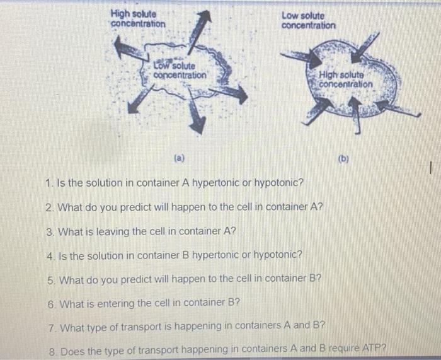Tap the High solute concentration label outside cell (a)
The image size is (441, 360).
[x=138, y=19]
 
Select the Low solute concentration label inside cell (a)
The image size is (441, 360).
[x=179, y=70]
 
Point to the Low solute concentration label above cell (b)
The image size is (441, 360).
[x=308, y=21]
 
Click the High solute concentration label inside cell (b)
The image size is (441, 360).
[x=346, y=79]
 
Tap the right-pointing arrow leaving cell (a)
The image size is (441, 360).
[x=232, y=94]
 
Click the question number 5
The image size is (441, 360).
[x=51, y=279]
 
